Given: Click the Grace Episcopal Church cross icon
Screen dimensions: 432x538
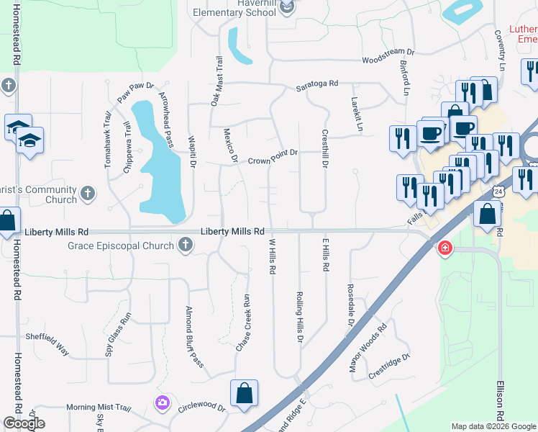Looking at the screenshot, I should point(186,246).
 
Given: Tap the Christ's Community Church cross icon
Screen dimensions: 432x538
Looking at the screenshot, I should point(88,194).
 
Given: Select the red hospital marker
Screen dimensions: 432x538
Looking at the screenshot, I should point(445,248).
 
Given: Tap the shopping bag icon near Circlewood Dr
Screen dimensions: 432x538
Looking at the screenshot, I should point(244,393).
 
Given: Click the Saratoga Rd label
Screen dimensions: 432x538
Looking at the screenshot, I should point(317,84).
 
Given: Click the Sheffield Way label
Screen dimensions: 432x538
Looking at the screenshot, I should point(47,345).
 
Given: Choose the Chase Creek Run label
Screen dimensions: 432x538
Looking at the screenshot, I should point(243,323).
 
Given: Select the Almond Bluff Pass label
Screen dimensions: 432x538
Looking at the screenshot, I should point(193,346).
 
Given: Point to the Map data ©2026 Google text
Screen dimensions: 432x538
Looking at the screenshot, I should point(493,426).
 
